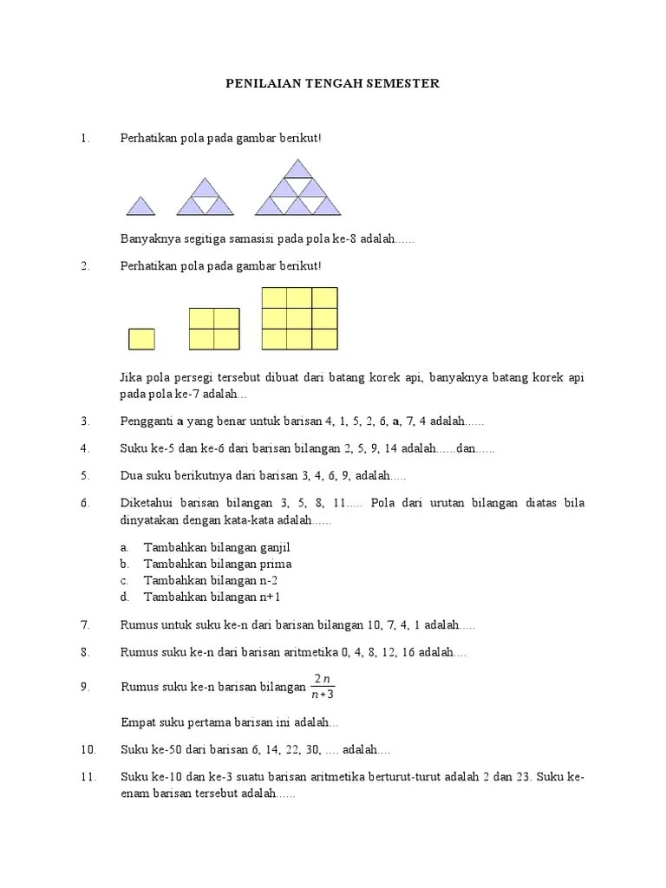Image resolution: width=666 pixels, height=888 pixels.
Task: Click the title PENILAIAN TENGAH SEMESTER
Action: (x=333, y=83)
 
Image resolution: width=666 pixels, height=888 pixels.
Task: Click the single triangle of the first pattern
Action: (x=140, y=206)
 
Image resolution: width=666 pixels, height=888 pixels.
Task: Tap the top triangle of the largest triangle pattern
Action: (x=297, y=168)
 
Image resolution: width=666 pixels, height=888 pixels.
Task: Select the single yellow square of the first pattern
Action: (x=141, y=338)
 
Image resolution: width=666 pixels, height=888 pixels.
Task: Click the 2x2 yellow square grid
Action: (x=213, y=329)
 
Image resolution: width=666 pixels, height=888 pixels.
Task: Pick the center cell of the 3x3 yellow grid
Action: (x=299, y=318)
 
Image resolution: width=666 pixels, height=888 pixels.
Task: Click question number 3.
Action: (x=86, y=421)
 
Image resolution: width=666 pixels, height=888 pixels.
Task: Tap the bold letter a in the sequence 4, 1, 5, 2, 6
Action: (x=395, y=421)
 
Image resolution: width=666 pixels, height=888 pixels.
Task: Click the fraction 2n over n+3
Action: (x=323, y=685)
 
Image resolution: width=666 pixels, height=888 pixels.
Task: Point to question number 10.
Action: (x=88, y=749)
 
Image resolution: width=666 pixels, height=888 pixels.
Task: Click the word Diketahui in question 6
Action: (x=145, y=503)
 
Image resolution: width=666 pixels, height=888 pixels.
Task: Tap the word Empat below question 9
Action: (x=138, y=722)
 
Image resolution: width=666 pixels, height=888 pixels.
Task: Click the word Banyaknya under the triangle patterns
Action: (x=149, y=238)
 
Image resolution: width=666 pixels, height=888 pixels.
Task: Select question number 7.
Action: (x=86, y=625)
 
